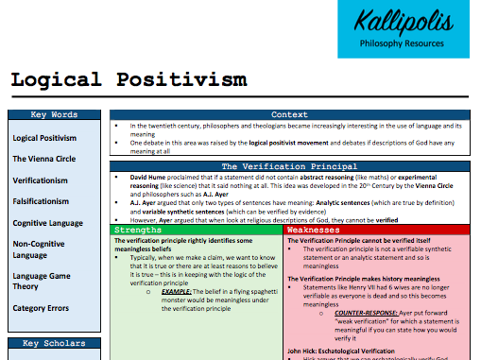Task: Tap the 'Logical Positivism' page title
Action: click(129, 79)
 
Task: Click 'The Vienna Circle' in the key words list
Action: click(45, 159)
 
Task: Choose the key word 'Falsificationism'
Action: click(44, 201)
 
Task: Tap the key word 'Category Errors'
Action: click(43, 308)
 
